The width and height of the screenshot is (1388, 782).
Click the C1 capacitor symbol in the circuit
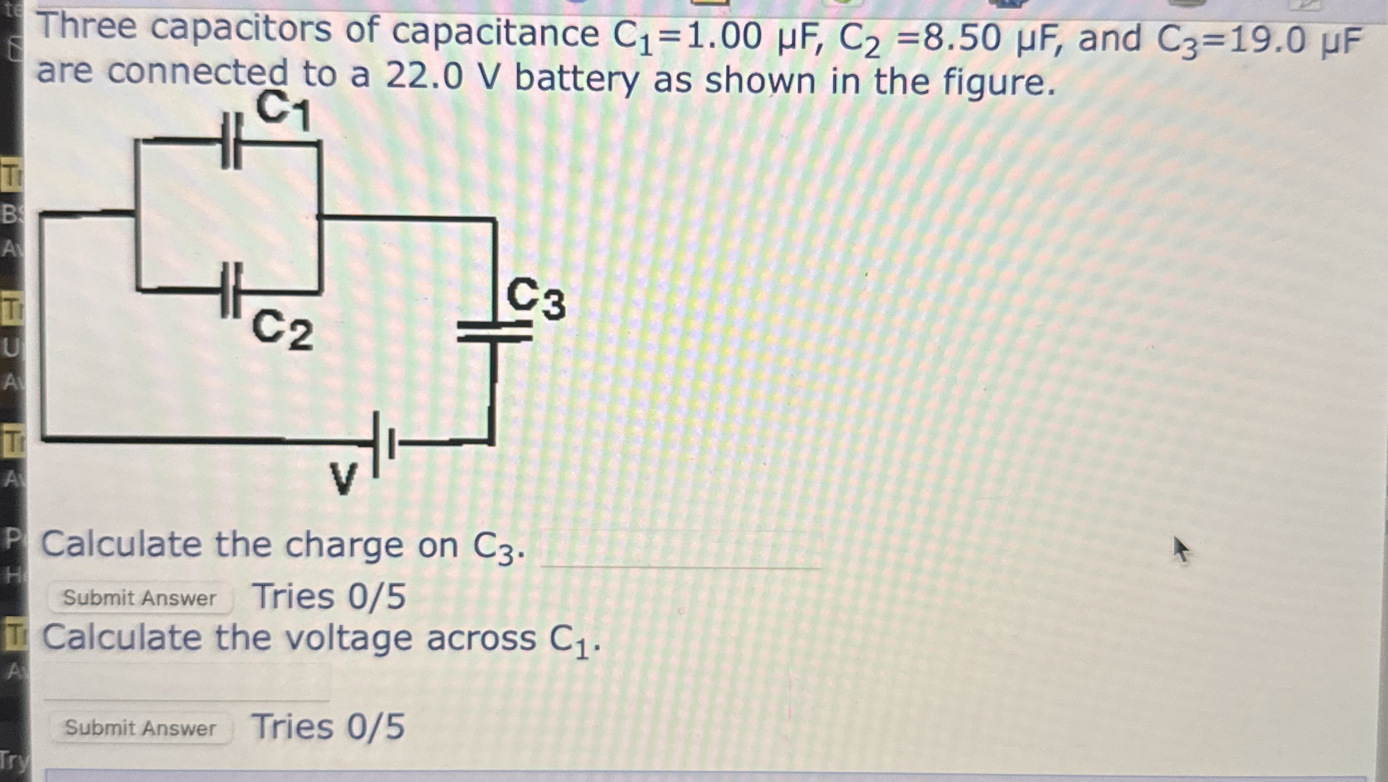232,141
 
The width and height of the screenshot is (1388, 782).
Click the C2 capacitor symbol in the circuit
232,291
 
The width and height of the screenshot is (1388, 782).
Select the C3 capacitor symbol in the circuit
494,331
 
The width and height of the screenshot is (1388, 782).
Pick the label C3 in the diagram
535,299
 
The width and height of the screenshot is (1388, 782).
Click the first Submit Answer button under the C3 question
140,598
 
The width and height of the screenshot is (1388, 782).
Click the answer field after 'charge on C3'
681,549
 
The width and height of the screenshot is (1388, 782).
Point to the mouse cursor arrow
1180,549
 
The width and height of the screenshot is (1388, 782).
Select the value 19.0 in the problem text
1267,41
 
